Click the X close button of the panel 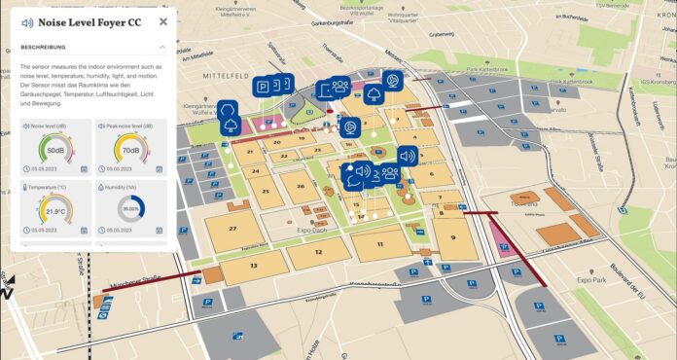coord(162,21)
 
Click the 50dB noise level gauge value coord(55,151)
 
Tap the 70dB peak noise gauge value coord(130,151)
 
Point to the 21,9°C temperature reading coord(55,210)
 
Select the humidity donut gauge coord(130,209)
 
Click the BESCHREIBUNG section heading coord(43,47)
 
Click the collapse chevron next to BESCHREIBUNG coord(161,47)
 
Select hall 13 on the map coord(253,265)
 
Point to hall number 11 coord(379,243)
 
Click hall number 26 coord(301,186)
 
